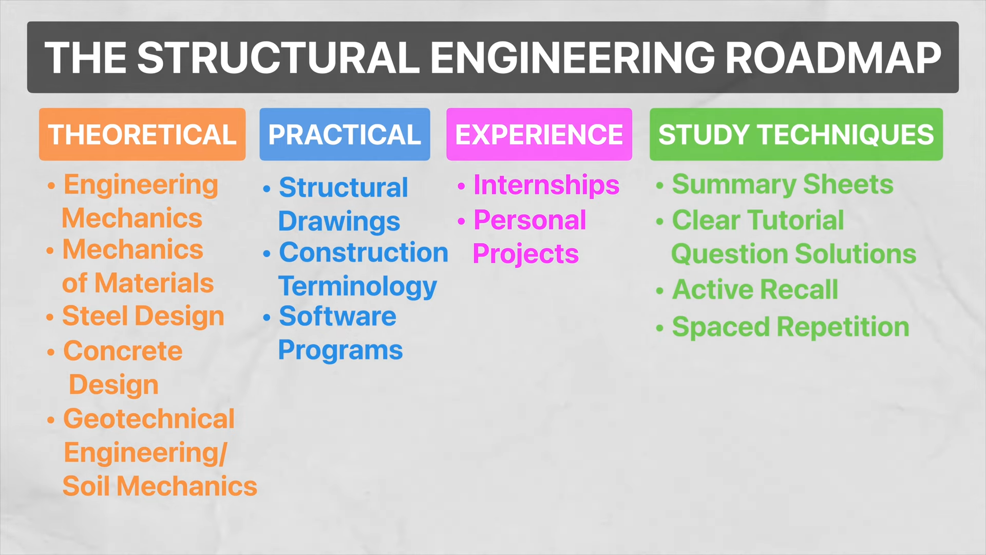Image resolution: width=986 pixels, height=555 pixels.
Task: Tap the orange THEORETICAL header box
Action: [142, 135]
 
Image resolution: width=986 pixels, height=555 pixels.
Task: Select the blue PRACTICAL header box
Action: [345, 135]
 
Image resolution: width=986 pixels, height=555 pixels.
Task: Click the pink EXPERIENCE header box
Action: [539, 135]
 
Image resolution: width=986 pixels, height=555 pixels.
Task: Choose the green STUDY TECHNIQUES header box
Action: [796, 135]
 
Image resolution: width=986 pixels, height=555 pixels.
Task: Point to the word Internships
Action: [546, 185]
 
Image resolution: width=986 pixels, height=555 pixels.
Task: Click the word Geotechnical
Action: [149, 419]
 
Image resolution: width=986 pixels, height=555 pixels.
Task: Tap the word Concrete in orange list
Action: [123, 351]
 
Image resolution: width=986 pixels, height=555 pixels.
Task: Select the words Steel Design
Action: [143, 316]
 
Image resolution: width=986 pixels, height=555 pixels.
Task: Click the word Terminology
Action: [357, 287]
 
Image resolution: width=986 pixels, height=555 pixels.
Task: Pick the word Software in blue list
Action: [337, 317]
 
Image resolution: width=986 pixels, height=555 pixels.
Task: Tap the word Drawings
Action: [339, 222]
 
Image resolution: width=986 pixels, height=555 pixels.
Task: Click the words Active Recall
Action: [755, 290]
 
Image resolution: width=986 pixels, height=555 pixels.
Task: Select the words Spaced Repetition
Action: [790, 327]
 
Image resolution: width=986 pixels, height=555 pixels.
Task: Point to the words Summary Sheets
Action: [783, 184]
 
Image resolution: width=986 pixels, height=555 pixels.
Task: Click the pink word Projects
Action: [525, 254]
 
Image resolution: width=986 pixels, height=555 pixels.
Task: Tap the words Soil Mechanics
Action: [160, 487]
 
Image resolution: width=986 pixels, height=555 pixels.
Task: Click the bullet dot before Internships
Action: [461, 186]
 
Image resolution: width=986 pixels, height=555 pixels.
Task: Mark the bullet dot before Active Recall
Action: [660, 291]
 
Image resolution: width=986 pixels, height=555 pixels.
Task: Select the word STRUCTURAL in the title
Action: [278, 58]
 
